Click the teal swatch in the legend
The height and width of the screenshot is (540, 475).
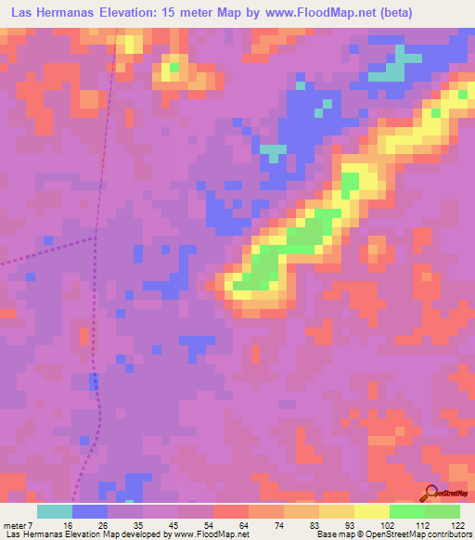(x=55, y=511)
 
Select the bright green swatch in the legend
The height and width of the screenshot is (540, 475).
(x=407, y=511)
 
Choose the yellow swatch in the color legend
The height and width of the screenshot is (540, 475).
(x=372, y=511)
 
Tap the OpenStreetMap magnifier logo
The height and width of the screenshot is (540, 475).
(x=432, y=493)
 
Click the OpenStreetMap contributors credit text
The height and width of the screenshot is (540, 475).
(x=418, y=535)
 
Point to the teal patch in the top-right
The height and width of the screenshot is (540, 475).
(x=395, y=71)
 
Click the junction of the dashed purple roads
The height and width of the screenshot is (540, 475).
(x=96, y=238)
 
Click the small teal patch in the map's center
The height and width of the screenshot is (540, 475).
(x=273, y=148)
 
